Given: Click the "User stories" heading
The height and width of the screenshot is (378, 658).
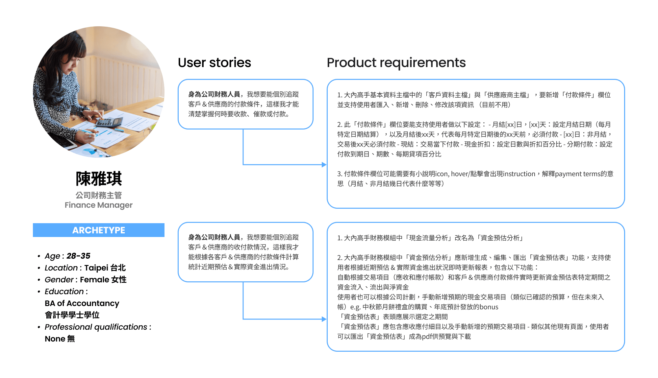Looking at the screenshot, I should click(214, 62).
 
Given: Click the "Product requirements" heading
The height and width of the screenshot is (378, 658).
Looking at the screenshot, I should click(396, 62).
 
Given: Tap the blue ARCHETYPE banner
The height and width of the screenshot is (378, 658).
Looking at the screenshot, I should click(99, 230).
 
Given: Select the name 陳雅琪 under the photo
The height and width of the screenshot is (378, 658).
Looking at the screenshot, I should click(99, 178).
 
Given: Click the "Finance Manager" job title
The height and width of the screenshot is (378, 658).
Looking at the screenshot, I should click(99, 205).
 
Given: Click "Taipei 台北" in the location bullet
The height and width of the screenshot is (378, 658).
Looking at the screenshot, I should click(105, 268).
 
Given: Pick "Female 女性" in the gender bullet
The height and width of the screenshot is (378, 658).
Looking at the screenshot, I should click(103, 280).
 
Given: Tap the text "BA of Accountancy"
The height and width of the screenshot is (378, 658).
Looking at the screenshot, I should click(82, 303).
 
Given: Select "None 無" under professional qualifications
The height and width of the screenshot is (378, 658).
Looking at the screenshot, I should click(60, 339).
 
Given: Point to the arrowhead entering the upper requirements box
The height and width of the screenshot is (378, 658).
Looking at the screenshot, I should click(324, 165).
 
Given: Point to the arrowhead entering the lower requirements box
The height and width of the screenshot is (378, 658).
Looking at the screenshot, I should click(324, 319).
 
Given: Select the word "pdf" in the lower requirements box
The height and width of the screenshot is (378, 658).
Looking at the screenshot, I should click(427, 337).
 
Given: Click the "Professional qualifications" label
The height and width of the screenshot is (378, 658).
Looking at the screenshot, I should click(96, 327).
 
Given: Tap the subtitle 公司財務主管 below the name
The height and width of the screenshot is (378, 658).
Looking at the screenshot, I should click(99, 195).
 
